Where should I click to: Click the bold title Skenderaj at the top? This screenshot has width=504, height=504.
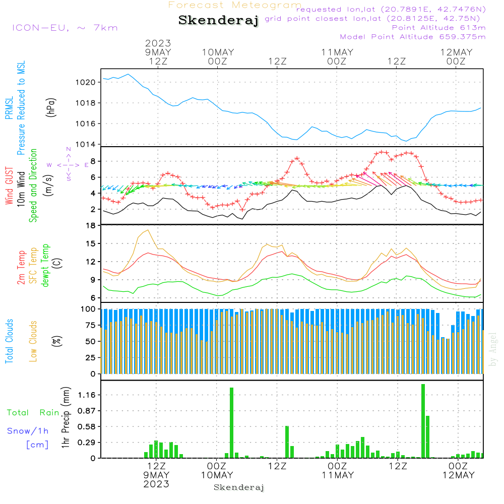(218, 21)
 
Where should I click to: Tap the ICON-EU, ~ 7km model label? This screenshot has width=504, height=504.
(65, 28)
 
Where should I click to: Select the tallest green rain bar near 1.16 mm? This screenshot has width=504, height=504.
(423, 421)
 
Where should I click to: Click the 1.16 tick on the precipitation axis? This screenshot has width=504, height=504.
(87, 395)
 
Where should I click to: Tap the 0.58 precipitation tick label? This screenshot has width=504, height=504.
(87, 426)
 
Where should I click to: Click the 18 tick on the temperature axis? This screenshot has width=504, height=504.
(91, 225)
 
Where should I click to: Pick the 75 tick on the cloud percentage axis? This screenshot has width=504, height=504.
(91, 325)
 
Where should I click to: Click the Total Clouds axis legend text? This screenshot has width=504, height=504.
(9, 341)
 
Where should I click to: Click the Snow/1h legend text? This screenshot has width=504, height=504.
(28, 431)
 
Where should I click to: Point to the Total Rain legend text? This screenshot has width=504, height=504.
(33, 413)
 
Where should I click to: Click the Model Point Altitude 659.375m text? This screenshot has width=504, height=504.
(412, 37)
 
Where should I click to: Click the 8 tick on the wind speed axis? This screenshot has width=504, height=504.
(93, 161)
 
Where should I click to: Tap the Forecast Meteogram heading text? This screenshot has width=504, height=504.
(235, 5)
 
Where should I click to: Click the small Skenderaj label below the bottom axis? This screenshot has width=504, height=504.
(239, 487)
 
